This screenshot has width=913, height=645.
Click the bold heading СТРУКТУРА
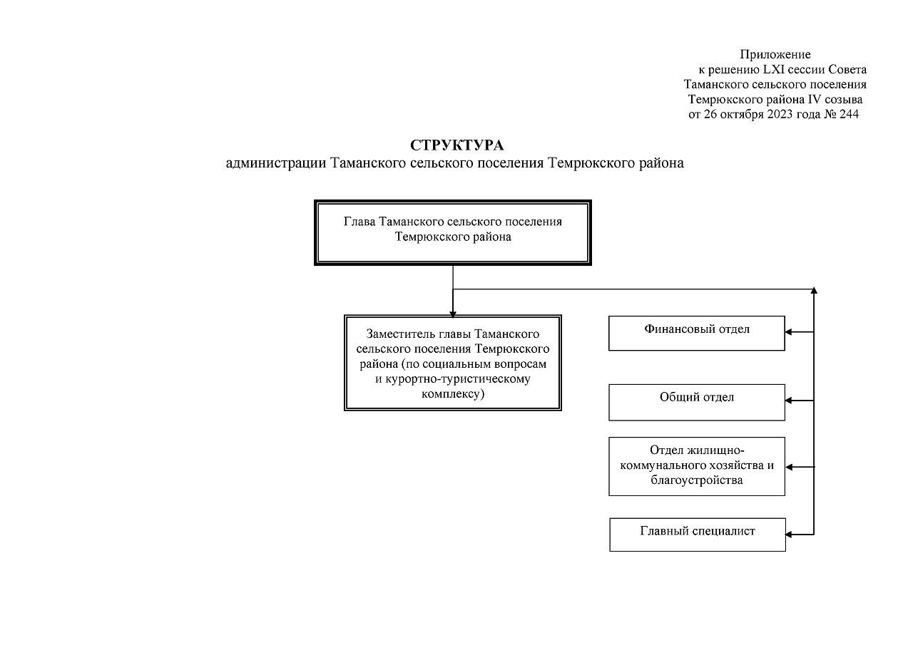click(456, 145)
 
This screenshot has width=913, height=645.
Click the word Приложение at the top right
click(775, 55)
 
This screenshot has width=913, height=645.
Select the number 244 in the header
click(849, 114)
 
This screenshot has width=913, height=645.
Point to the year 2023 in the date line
click(780, 114)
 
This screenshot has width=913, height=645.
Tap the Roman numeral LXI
click(774, 70)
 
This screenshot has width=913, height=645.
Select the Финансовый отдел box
click(697, 333)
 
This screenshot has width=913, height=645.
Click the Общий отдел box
click(697, 402)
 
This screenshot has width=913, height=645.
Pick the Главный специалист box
click(698, 535)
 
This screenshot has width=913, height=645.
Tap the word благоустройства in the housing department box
click(697, 480)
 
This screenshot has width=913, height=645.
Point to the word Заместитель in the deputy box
click(401, 334)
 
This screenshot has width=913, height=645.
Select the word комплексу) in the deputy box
click(453, 393)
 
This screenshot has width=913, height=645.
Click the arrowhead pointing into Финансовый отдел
click(788, 332)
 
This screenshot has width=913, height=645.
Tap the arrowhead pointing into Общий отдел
click(788, 401)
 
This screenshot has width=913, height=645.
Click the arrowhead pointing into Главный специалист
click(789, 535)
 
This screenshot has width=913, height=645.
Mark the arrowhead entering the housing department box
click(789, 467)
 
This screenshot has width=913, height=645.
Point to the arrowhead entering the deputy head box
click(453, 314)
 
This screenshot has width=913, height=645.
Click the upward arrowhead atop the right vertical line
click(814, 290)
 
